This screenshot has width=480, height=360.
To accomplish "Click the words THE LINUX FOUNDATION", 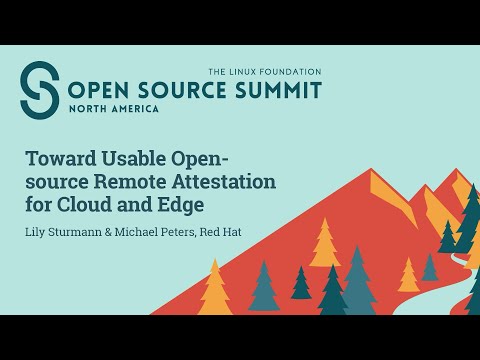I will (264, 72).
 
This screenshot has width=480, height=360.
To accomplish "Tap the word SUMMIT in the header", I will (281, 90).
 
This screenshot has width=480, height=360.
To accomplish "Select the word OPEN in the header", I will (97, 90).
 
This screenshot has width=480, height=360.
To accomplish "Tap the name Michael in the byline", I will (149, 233).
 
